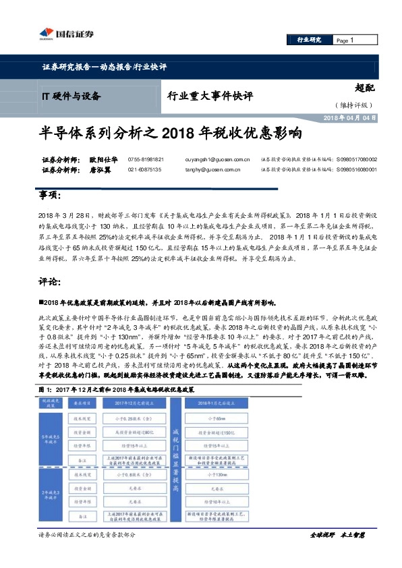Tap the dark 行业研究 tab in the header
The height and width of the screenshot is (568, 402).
(x=310, y=40)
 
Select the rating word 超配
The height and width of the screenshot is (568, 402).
(x=364, y=86)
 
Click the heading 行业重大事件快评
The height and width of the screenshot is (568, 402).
(x=209, y=96)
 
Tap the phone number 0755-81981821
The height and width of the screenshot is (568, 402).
(x=145, y=159)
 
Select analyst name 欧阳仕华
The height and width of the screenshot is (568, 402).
(x=104, y=159)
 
